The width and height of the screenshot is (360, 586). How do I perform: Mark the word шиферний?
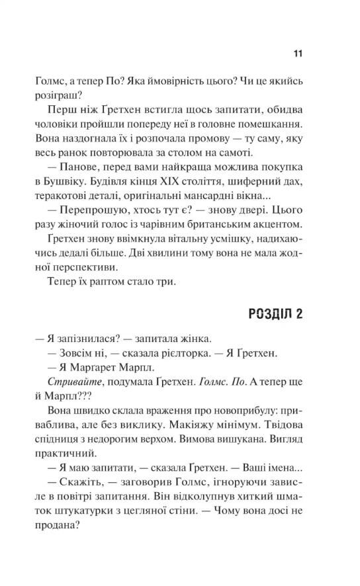[x=265, y=174]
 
